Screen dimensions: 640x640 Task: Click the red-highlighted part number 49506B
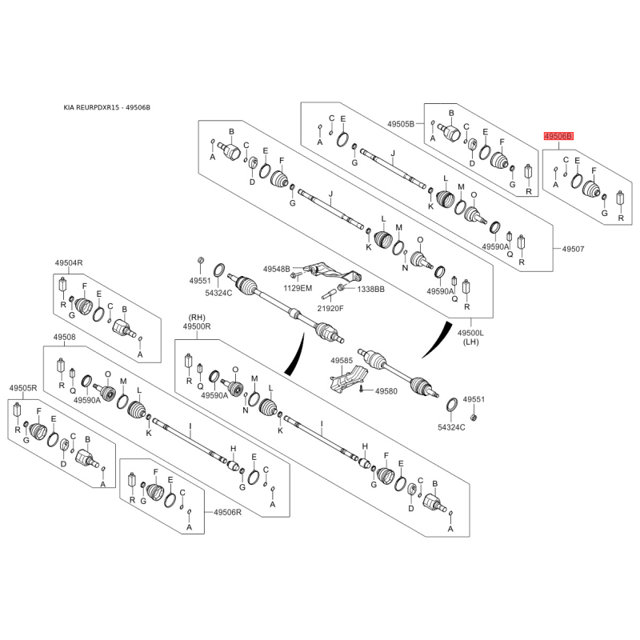point(558,136)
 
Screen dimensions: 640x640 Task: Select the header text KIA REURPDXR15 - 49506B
point(107,107)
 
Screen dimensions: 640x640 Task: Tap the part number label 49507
point(573,249)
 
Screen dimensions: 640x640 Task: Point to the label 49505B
point(401,124)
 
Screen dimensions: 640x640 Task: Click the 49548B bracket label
point(276,269)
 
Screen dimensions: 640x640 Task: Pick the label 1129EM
point(298,288)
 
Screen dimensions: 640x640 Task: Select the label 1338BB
point(371,289)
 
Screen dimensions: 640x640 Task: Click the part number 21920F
point(330,308)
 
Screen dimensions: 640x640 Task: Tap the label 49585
point(342,361)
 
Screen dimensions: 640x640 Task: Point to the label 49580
point(386,391)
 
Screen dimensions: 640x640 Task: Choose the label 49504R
point(69,263)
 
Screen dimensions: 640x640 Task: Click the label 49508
point(65,337)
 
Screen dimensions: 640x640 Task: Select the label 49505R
point(23,388)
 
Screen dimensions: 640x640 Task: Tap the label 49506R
point(227,512)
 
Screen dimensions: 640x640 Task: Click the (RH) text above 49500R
point(197,318)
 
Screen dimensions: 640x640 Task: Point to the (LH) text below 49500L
point(470,342)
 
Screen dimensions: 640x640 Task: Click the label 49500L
point(470,333)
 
